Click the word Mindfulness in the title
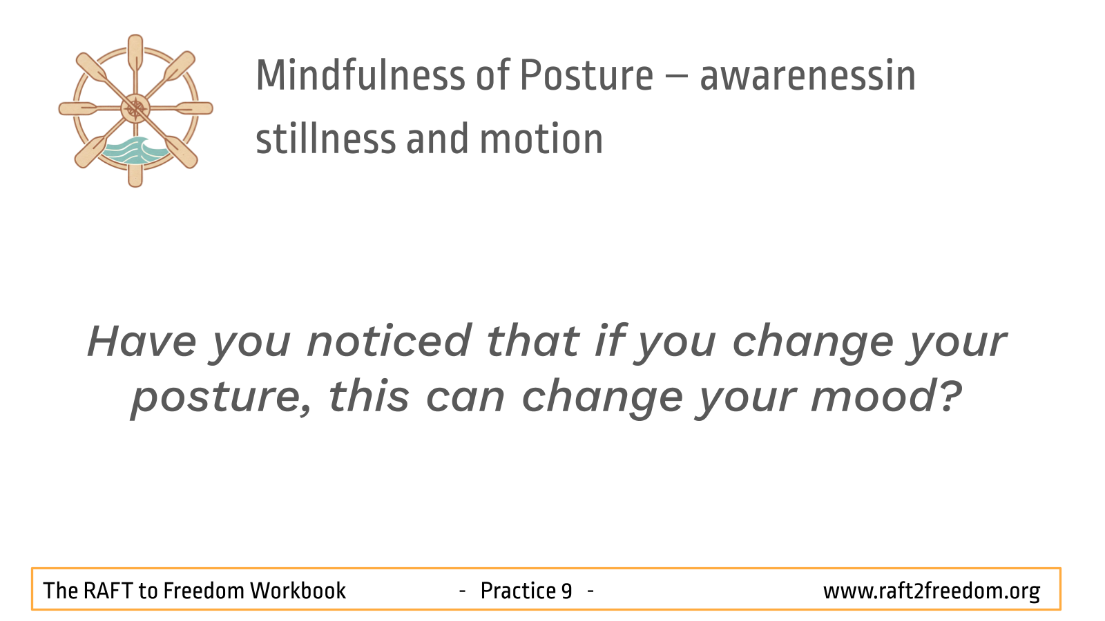click(360, 75)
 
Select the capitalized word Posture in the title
click(586, 75)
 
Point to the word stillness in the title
click(326, 139)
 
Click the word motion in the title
click(541, 139)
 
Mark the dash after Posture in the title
click(676, 78)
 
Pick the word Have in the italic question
click(142, 341)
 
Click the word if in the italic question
click(611, 341)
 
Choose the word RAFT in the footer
click(107, 591)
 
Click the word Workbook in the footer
click(298, 591)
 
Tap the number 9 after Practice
click(566, 591)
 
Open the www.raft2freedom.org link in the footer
click(932, 591)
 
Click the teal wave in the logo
click(134, 151)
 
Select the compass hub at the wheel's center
click(135, 108)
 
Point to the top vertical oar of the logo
click(135, 55)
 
